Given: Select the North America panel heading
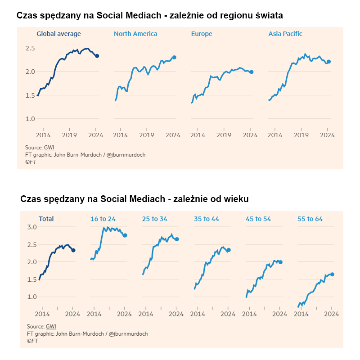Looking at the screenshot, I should (x=135, y=34).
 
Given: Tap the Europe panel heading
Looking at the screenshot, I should (x=202, y=34).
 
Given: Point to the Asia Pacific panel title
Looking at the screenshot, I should (x=285, y=34).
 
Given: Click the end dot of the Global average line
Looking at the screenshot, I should (x=97, y=56).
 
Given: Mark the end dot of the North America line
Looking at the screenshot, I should (x=174, y=58).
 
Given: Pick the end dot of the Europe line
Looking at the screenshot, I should (x=252, y=72).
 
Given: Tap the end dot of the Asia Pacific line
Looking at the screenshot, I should (x=329, y=62).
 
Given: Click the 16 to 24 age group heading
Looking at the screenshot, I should (x=103, y=219).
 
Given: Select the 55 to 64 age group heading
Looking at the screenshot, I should (x=310, y=219).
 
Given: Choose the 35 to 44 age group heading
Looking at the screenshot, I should (x=207, y=219).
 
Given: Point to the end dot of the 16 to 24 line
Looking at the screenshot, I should (x=125, y=235).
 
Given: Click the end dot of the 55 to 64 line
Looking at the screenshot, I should (x=332, y=274).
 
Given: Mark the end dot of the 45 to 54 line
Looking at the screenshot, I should (x=280, y=262).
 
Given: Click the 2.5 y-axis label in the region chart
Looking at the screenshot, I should (x=30, y=48).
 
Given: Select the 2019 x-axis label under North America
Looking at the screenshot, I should (x=147, y=134).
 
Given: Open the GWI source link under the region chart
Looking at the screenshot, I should (x=49, y=148).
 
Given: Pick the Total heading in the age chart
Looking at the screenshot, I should (x=46, y=219).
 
